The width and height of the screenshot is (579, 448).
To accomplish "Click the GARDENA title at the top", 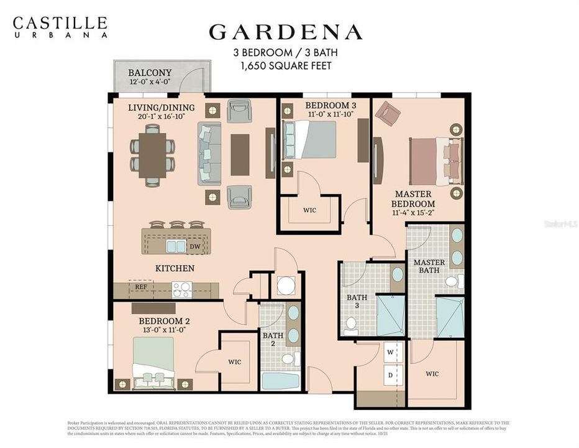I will coord(285,32).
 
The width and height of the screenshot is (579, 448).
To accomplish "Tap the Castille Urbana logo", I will coord(60,27).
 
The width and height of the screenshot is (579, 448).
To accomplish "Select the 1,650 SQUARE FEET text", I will coord(285,65).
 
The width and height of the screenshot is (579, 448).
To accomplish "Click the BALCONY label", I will coord(150,73).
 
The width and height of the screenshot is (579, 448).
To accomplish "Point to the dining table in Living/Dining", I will coord(152,155).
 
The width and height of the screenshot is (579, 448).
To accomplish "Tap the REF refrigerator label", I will coord(140,287).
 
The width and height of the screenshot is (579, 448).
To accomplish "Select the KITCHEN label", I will coord(175,269).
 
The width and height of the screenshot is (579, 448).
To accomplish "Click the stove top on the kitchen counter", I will coord(182,290).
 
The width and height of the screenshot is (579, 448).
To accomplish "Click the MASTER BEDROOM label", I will coord(413,199).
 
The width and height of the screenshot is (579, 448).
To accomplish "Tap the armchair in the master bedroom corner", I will coord(387,113).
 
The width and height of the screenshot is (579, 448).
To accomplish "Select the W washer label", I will coord(391,351).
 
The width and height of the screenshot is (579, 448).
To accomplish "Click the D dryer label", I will coord(391,375).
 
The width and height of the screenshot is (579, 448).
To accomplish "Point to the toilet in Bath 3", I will coord(351,323).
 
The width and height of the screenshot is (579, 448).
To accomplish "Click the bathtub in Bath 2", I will coord(280,380).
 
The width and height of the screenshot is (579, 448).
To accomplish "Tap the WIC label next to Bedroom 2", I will coord(234,362).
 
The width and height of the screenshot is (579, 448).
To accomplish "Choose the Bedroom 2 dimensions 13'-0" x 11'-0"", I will coord(164,330).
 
